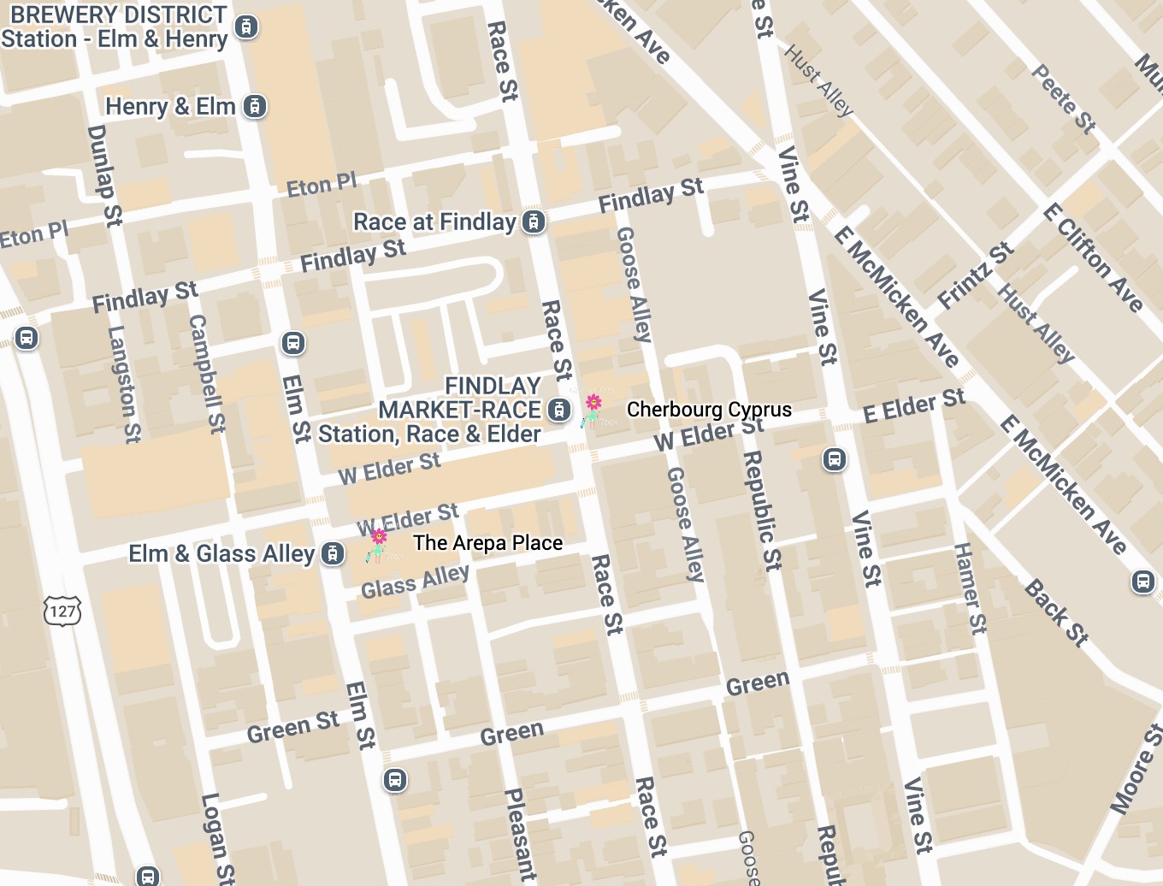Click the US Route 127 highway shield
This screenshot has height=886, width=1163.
62,611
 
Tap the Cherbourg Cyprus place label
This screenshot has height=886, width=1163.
709,410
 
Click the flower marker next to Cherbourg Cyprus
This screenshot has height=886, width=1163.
592,409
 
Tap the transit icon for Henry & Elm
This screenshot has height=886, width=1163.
255,107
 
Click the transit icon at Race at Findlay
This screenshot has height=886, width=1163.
534,222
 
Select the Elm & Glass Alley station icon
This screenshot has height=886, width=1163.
333,554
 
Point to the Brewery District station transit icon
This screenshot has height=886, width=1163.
246,27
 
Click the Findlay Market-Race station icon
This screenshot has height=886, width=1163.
559,410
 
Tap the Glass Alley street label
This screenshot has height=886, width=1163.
415,582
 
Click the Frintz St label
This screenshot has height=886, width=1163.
975,275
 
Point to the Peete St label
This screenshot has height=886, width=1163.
1063,98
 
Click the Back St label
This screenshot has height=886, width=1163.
1057,612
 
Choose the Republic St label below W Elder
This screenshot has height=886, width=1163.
762,510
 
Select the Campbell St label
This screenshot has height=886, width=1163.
207,373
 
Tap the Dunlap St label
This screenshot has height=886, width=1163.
104,175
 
